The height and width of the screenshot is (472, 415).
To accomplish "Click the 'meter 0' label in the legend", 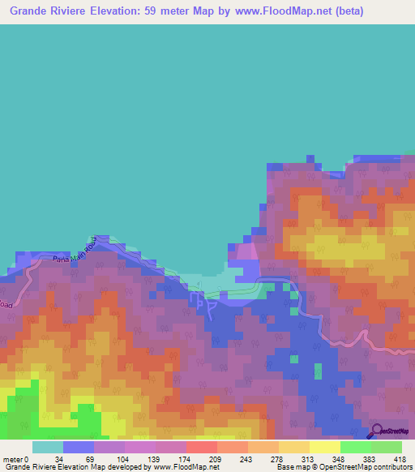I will click(x=15, y=460).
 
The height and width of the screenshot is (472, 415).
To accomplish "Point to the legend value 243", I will click(x=247, y=460).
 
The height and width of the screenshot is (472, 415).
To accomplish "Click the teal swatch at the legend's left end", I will click(x=47, y=447).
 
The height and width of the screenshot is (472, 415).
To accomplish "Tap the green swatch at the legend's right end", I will click(x=386, y=447).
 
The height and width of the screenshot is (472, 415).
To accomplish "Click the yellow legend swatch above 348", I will click(x=324, y=447).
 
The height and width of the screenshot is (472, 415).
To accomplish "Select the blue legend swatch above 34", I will click(x=78, y=447).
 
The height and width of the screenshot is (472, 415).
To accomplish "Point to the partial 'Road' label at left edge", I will click(x=6, y=304).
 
